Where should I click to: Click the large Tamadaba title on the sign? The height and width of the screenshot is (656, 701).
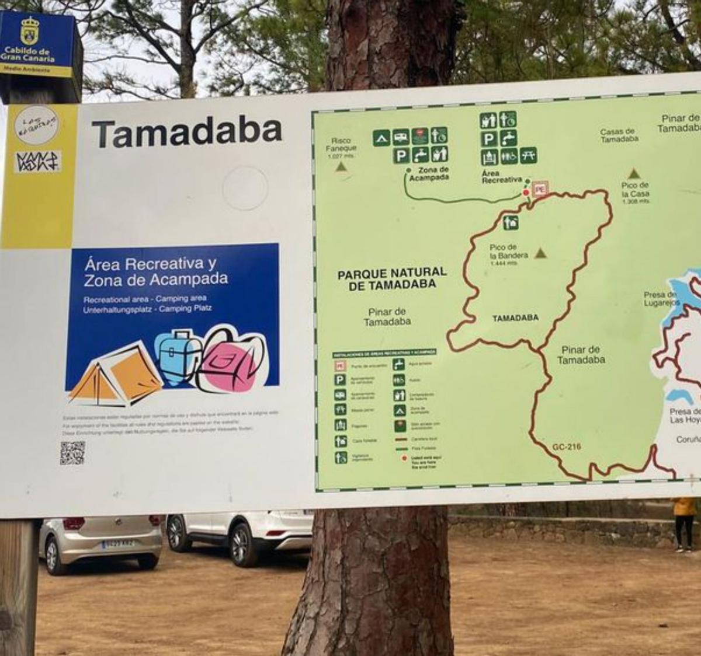point(187,133)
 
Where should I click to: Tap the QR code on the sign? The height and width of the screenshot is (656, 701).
point(72,453)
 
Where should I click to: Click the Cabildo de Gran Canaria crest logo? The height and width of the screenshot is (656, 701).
point(29,31)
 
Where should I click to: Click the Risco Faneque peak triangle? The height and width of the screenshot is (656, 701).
point(341,167)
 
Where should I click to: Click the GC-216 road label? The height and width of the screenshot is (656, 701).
point(566,447)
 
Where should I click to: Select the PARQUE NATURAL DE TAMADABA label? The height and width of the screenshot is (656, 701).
point(392,278)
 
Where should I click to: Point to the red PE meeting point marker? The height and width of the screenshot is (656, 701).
point(540,189)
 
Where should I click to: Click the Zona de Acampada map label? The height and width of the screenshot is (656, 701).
point(429,174)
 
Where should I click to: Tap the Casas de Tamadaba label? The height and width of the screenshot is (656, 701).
point(619,135)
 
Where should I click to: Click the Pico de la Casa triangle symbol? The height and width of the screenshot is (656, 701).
point(634,174)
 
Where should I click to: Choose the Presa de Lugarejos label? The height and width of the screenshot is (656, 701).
point(661,299)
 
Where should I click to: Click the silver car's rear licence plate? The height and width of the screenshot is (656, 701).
point(118,544)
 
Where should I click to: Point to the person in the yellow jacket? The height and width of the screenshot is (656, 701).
point(684,522)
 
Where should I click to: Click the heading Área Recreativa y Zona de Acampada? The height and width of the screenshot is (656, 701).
point(155,272)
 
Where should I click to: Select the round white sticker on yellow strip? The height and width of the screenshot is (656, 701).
point(36,124)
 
